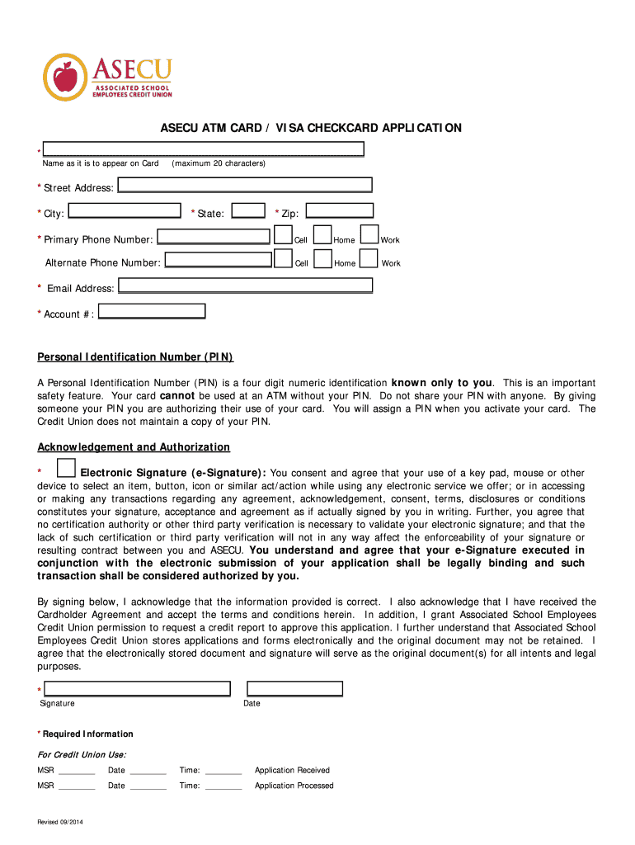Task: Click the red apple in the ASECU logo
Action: pyautogui.click(x=64, y=78)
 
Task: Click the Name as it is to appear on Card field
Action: pyautogui.click(x=204, y=149)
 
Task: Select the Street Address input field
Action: pyautogui.click(x=245, y=186)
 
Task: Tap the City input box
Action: pyautogui.click(x=125, y=211)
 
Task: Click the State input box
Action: pyautogui.click(x=248, y=211)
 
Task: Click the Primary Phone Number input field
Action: pyautogui.click(x=214, y=237)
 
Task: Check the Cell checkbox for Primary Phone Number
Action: pyautogui.click(x=284, y=236)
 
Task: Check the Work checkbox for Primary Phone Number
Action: pyautogui.click(x=370, y=236)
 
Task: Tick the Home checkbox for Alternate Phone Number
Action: pyautogui.click(x=323, y=260)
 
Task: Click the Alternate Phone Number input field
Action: pyautogui.click(x=218, y=261)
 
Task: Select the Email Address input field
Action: pyautogui.click(x=245, y=286)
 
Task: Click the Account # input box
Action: pyautogui.click(x=152, y=311)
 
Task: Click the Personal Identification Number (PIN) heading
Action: pyautogui.click(x=136, y=357)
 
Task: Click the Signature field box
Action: pyautogui.click(x=137, y=689)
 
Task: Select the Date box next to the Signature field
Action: pyautogui.click(x=294, y=689)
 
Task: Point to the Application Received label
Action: pyautogui.click(x=292, y=771)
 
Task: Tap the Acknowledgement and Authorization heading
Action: pyautogui.click(x=134, y=447)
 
